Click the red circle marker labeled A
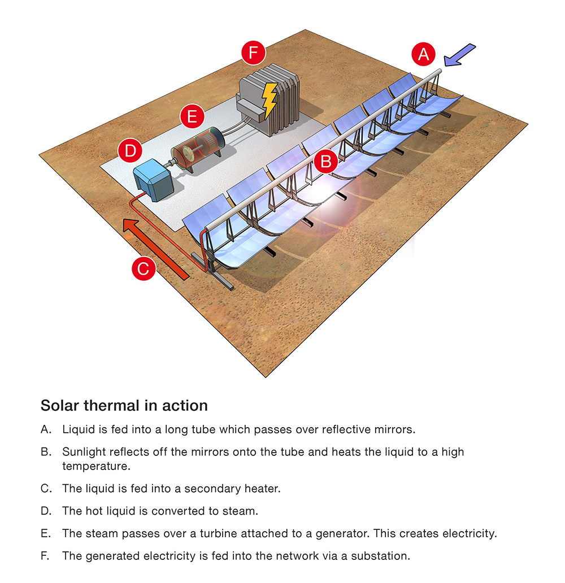coord(423,54)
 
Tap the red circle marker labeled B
coord(326,162)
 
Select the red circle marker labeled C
coord(144,268)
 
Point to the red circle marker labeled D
coord(130,151)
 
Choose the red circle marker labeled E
coord(192,116)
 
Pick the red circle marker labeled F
coord(253,52)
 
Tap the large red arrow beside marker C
coord(155,249)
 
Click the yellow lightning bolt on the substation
coord(270,99)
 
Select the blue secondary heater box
coord(153,180)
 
